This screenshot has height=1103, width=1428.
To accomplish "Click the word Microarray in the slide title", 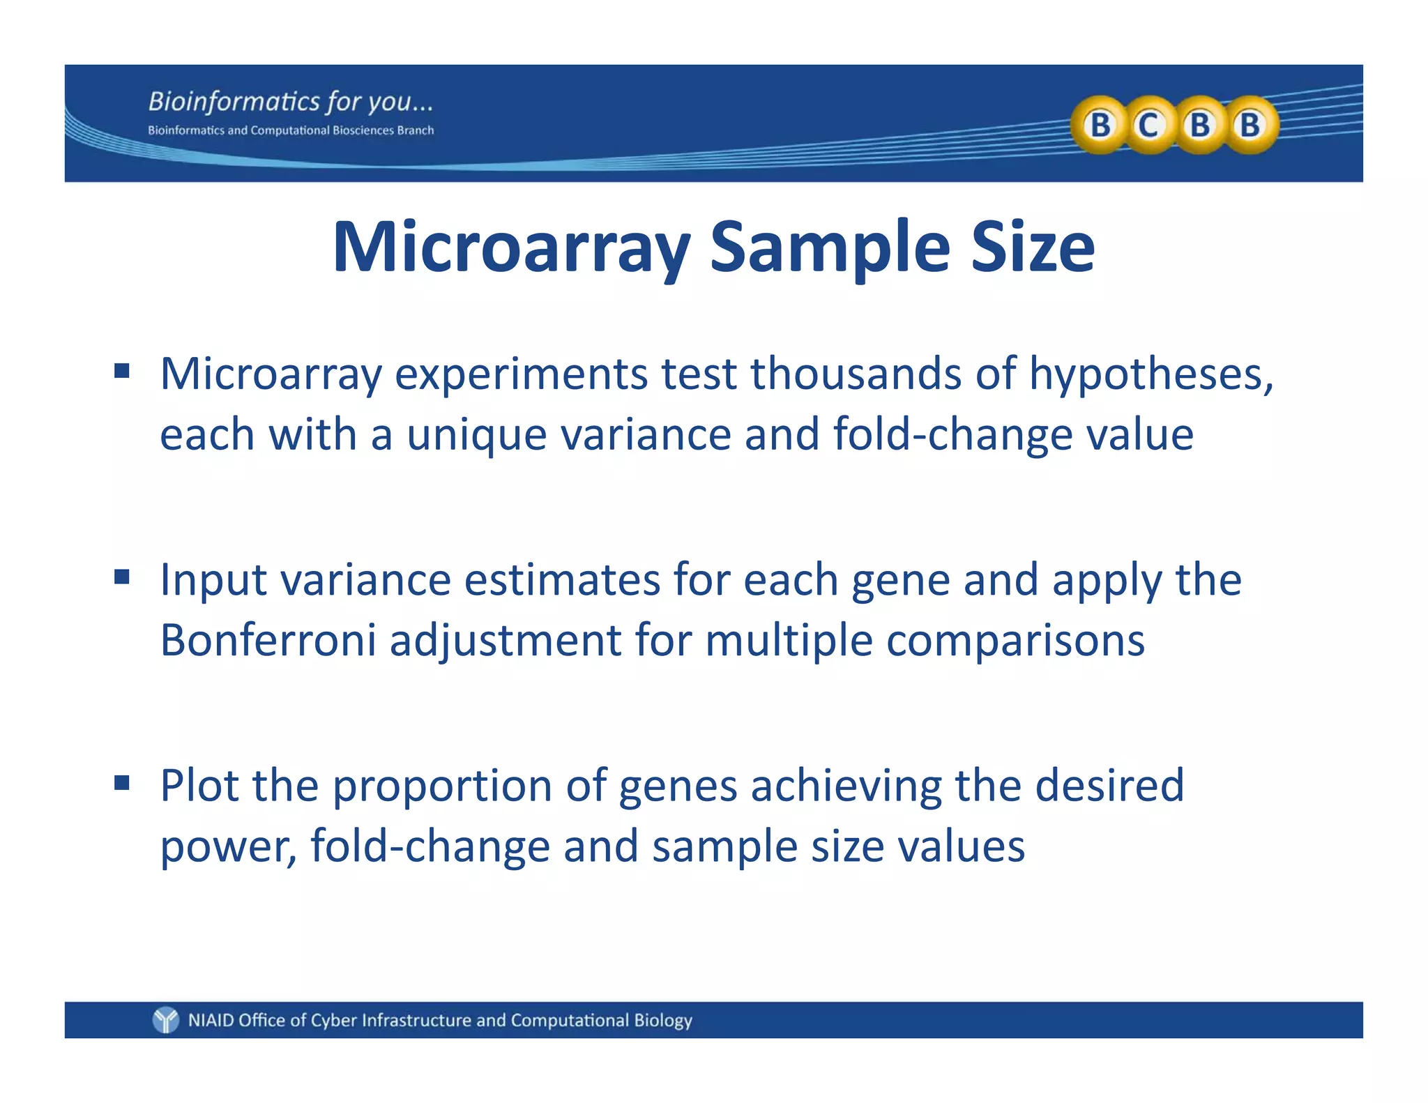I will point(511,248).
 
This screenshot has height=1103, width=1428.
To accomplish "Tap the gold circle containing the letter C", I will point(1148,125).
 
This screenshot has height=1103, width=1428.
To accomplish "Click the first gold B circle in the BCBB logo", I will point(1100,125).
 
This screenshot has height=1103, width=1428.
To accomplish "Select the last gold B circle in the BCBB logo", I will point(1250,125).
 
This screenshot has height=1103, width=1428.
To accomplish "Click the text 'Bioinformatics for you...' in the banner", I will point(291,102).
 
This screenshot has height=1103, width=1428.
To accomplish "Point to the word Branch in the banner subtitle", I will point(416,130).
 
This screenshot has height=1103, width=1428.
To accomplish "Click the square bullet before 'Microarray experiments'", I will point(122,370).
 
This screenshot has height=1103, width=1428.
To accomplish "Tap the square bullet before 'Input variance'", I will point(122,577).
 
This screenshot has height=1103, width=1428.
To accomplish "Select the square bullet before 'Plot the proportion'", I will point(122,783).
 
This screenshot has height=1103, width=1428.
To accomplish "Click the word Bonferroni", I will point(268,640).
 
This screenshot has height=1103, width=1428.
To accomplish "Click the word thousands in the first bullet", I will point(856,374).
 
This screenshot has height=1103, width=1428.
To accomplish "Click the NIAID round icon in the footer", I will point(166,1020).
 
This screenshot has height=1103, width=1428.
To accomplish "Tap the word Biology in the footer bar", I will point(663,1020).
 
